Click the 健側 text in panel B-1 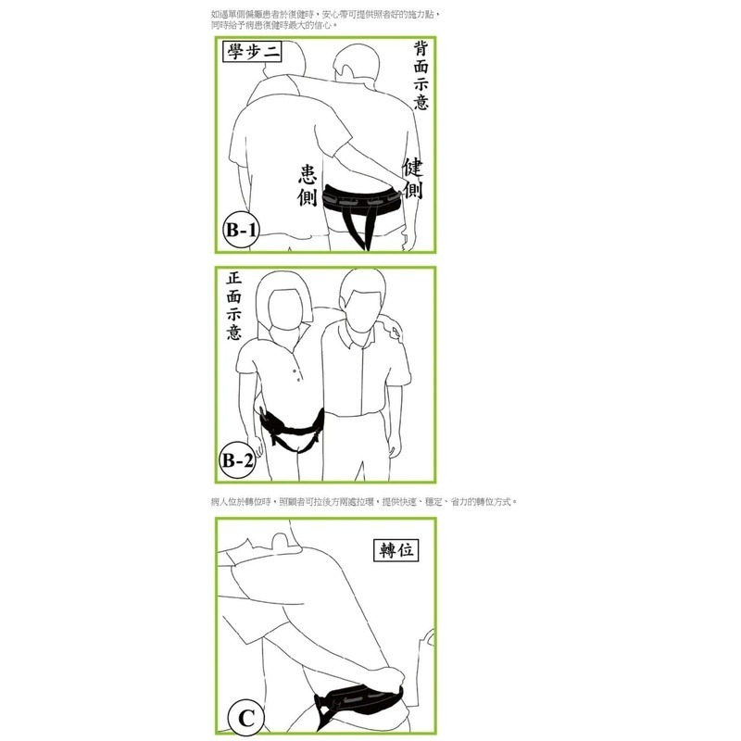click(x=412, y=179)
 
